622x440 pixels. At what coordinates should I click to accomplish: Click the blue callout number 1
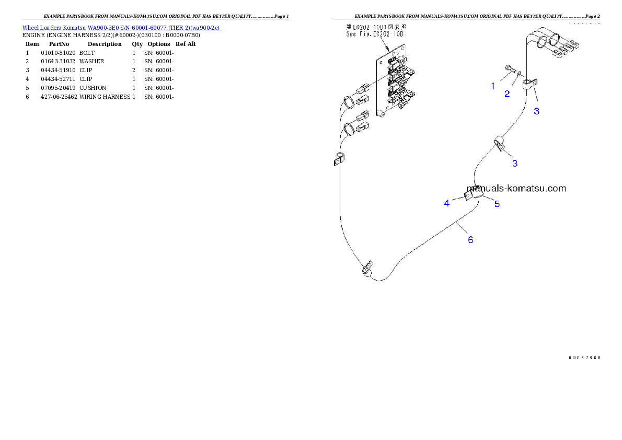click(493, 86)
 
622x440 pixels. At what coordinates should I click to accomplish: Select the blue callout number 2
click(507, 94)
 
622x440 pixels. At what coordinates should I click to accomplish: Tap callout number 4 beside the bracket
click(447, 203)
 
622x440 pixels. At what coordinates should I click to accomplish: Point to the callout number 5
click(497, 204)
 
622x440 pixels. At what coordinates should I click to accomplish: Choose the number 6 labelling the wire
click(470, 240)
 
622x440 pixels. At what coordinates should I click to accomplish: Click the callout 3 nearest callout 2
click(536, 111)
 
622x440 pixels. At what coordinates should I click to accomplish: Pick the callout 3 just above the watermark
click(515, 163)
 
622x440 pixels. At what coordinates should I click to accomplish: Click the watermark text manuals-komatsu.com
click(516, 188)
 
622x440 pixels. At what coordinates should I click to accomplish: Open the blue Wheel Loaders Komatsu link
click(121, 27)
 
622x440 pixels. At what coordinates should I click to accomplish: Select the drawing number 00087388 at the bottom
click(584, 358)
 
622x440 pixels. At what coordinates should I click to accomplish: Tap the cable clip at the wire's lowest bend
click(367, 269)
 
